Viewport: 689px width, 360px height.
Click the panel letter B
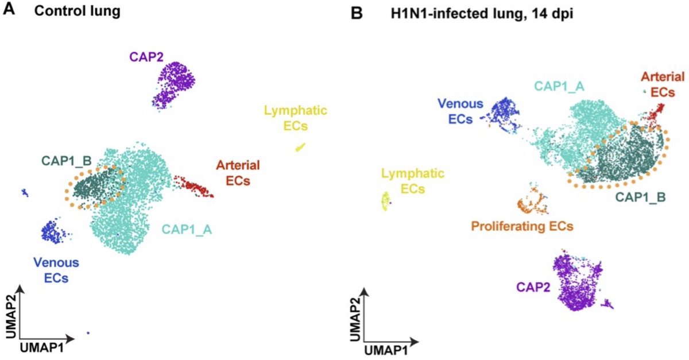[356, 12]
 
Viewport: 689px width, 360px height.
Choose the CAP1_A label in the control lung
[187, 230]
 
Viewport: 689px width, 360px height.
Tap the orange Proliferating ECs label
[521, 226]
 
